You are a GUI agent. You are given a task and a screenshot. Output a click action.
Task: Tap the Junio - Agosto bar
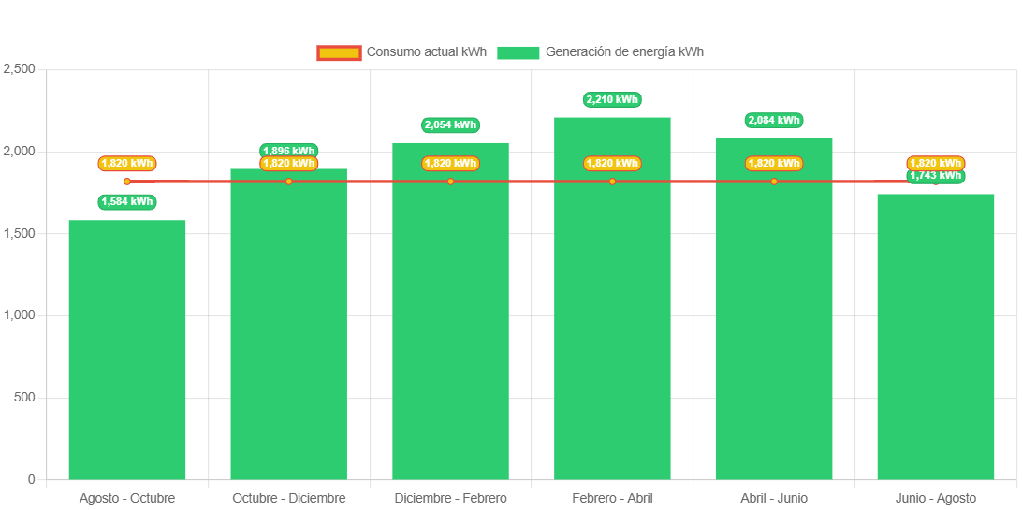click(x=935, y=336)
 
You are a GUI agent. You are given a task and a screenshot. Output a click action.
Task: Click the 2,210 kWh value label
click(x=612, y=99)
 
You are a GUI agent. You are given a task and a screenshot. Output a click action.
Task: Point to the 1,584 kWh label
click(x=127, y=201)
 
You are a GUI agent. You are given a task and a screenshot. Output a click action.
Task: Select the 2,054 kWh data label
click(x=450, y=124)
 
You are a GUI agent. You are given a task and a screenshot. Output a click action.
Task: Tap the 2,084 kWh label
click(x=774, y=120)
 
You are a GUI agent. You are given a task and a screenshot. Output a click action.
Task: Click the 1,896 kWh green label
click(x=289, y=151)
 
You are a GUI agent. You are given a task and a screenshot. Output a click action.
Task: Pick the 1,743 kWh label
click(x=935, y=176)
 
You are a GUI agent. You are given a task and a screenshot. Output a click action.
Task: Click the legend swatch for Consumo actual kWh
click(x=338, y=52)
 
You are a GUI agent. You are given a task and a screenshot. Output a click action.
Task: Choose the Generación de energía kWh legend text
click(x=624, y=52)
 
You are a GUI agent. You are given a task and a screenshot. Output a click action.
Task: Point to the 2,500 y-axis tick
click(x=19, y=69)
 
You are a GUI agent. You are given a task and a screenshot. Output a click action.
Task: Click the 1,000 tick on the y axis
click(x=19, y=315)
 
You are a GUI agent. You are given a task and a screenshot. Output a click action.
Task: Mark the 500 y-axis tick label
click(x=24, y=397)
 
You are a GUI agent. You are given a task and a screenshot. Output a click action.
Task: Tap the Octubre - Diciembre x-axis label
click(x=289, y=498)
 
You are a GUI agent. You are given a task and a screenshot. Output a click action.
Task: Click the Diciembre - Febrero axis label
click(x=450, y=498)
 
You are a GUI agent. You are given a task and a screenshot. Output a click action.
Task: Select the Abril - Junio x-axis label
click(x=774, y=498)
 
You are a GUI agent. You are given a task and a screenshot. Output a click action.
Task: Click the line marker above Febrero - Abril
click(x=612, y=182)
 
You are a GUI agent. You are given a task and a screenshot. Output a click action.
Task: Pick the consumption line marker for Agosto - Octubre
click(x=127, y=182)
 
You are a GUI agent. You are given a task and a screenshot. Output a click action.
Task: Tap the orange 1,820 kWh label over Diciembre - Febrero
click(x=450, y=164)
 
